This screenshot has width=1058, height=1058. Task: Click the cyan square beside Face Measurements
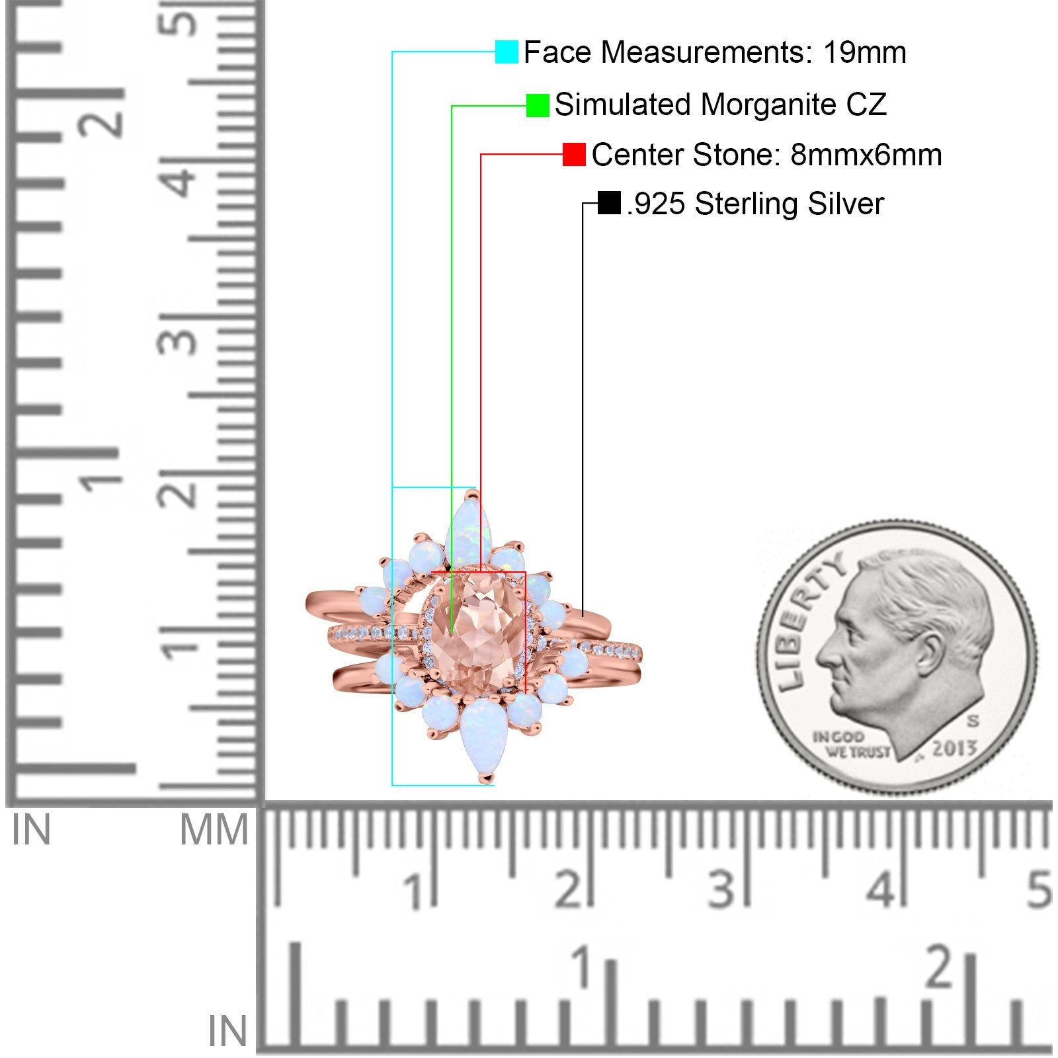[x=507, y=52]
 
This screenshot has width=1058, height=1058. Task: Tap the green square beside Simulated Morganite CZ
[x=538, y=105]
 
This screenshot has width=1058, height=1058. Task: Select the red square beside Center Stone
[x=574, y=154]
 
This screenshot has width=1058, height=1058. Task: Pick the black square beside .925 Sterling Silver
[x=609, y=203]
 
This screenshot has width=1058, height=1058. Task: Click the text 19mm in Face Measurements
[x=865, y=52]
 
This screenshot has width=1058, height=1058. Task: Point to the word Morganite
[x=768, y=105]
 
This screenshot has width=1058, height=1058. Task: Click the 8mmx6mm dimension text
[x=866, y=155]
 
